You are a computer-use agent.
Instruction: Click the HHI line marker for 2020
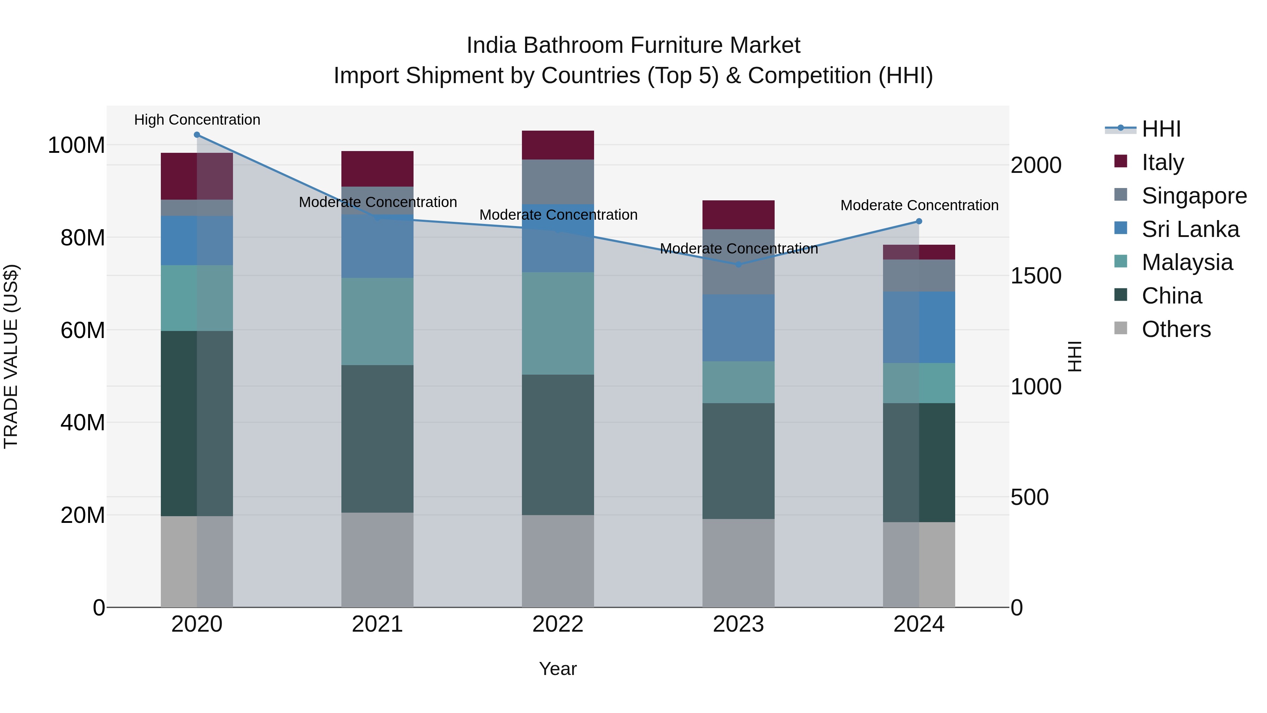coord(197,135)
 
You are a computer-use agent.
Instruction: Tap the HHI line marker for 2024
coord(919,221)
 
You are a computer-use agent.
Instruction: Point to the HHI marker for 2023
coord(738,265)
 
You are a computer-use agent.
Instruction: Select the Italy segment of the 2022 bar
coord(558,145)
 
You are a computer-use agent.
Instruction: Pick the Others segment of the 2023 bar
coord(738,563)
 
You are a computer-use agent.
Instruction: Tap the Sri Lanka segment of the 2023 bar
coord(738,328)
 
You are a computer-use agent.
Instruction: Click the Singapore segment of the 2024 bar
coord(919,276)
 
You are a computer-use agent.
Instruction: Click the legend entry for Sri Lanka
coord(1190,229)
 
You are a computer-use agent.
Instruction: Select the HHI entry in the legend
coord(1161,129)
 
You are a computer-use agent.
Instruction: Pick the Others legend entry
coord(1175,329)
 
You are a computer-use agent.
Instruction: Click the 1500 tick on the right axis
coord(1035,276)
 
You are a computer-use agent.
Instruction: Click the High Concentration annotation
coord(197,120)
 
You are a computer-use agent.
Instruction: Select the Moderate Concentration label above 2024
coord(919,205)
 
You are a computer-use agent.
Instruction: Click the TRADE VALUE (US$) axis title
coord(11,356)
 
